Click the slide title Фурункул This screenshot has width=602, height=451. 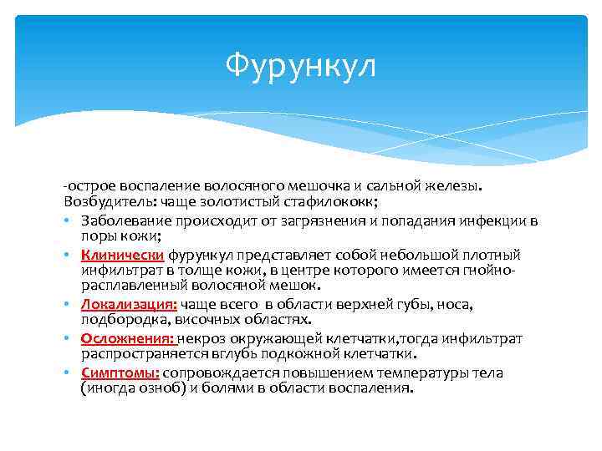(301, 65)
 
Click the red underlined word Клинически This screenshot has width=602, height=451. (123, 255)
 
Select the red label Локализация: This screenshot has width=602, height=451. (129, 305)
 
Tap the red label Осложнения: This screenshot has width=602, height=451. (127, 338)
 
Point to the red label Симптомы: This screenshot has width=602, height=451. (120, 372)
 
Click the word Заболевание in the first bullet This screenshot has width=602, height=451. (126, 220)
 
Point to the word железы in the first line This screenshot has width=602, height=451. (460, 185)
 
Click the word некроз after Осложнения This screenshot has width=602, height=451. (200, 338)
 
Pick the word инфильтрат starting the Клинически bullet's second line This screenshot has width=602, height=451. (118, 271)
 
